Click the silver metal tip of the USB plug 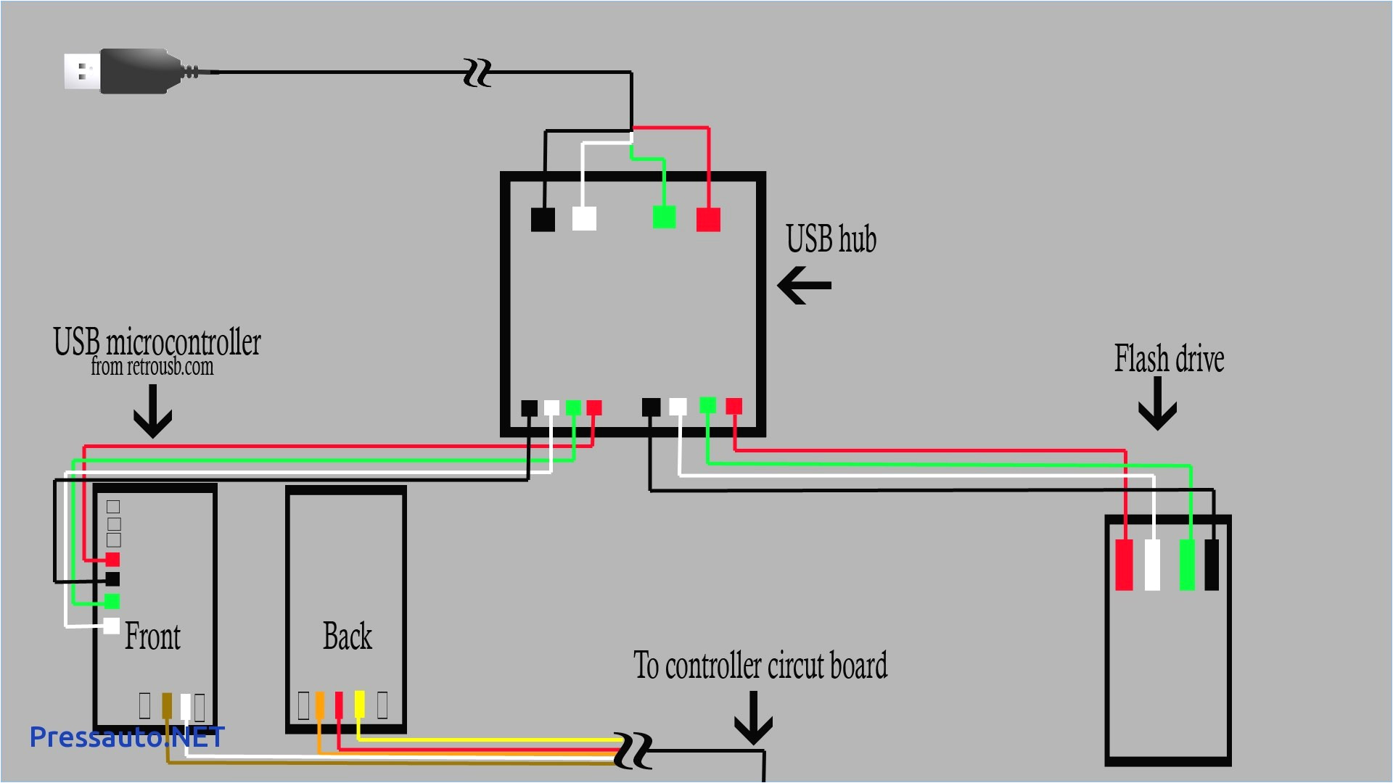(81, 72)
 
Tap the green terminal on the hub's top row (664, 217)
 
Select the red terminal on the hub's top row (708, 219)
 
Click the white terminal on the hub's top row (584, 218)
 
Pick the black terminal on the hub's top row (543, 219)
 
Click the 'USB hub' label (831, 239)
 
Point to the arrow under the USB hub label (804, 285)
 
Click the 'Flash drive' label (1169, 359)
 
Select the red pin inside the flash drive (1124, 565)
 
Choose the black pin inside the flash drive (1211, 565)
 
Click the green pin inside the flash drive (1187, 565)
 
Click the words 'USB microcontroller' (157, 342)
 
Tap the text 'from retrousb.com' (152, 367)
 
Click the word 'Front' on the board (152, 637)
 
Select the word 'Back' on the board (347, 637)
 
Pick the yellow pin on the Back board (359, 704)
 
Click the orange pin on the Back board (319, 705)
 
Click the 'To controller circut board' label (760, 666)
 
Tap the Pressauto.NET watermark (127, 737)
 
